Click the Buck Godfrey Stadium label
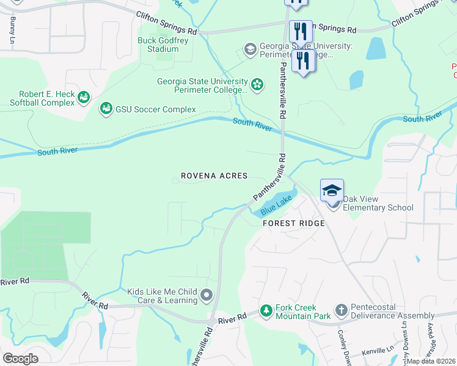[158, 45]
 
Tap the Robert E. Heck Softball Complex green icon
[84, 96]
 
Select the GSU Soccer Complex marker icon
[106, 109]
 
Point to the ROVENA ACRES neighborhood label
[214, 176]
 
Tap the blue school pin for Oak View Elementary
[332, 191]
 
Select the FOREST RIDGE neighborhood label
[293, 224]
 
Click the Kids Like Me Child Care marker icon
[207, 296]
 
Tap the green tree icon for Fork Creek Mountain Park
[266, 311]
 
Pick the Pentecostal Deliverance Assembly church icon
[341, 311]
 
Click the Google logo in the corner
[20, 359]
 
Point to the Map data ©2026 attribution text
[431, 361]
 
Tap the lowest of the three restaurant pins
[304, 61]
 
